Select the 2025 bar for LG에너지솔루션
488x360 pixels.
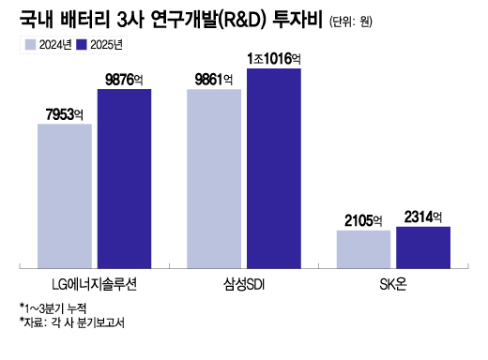[x=124, y=176]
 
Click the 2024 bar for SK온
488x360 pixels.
[x=363, y=247]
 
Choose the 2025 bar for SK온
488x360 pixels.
[x=423, y=245]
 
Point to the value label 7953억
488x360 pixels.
[x=65, y=114]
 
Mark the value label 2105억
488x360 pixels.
[x=363, y=221]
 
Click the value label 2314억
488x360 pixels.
[x=423, y=217]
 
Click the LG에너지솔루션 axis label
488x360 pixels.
[x=95, y=281]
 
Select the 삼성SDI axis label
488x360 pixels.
[x=243, y=281]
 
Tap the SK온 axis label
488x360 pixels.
[x=393, y=281]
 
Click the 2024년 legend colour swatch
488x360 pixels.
[x=29, y=44]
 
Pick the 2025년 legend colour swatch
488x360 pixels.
[x=81, y=44]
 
